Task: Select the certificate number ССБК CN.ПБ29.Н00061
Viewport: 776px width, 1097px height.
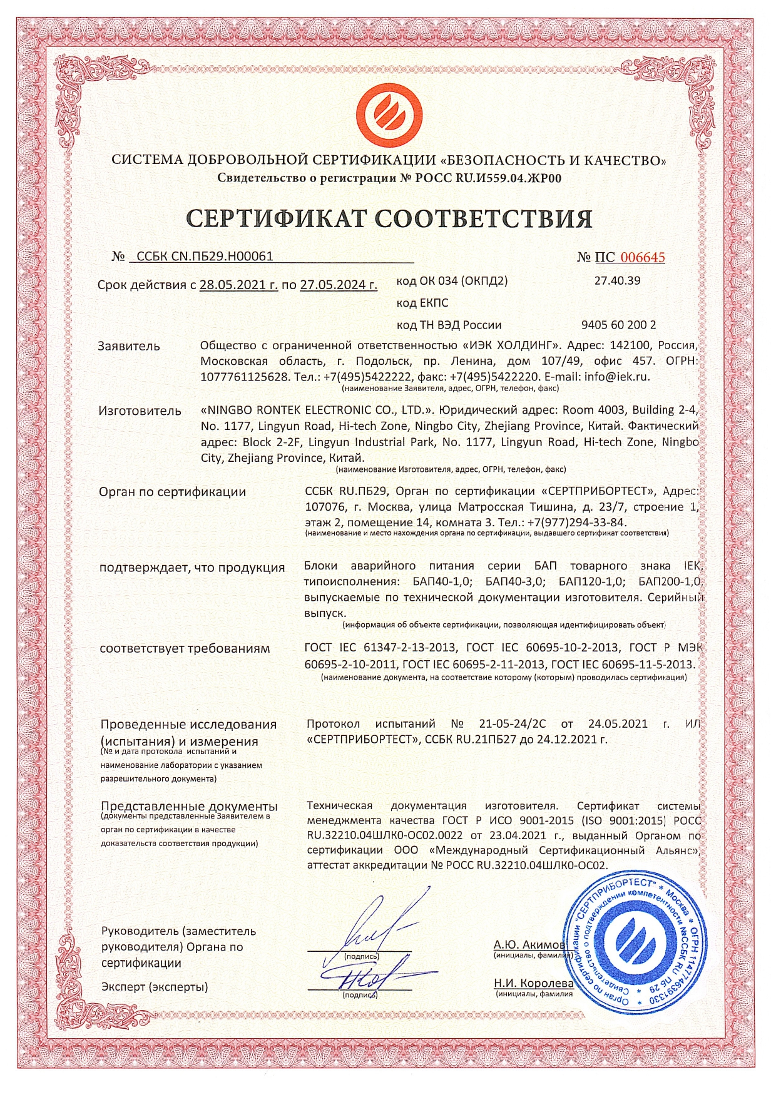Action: point(205,256)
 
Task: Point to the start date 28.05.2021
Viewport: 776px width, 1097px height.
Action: point(238,285)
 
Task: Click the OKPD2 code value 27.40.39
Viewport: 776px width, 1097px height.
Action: point(617,280)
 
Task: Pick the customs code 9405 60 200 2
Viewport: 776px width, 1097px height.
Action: point(618,325)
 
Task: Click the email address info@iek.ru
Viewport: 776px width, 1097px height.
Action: point(617,377)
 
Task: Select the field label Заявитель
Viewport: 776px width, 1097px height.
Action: point(129,346)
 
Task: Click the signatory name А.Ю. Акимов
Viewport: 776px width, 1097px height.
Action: point(529,944)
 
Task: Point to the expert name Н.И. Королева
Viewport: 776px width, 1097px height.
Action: point(533,983)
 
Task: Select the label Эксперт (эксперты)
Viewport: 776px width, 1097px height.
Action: point(155,987)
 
